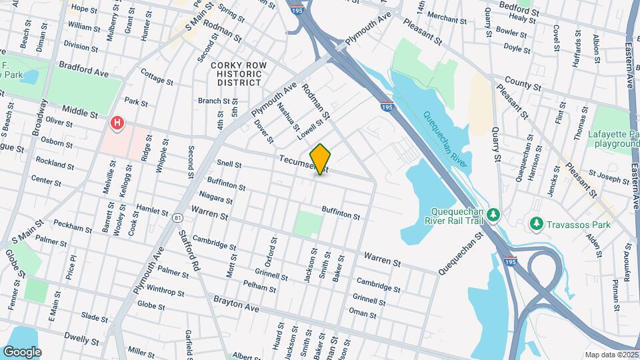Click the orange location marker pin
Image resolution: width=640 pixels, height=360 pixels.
320,159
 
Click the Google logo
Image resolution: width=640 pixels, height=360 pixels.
22,351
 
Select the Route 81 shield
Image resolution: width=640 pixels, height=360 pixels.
177,218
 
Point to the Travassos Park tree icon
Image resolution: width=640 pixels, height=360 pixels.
535,225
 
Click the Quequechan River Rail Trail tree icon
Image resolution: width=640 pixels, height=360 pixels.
493,214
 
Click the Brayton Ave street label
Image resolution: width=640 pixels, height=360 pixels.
236,300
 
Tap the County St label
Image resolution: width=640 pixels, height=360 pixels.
522,85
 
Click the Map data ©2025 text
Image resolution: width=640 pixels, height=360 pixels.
611,355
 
